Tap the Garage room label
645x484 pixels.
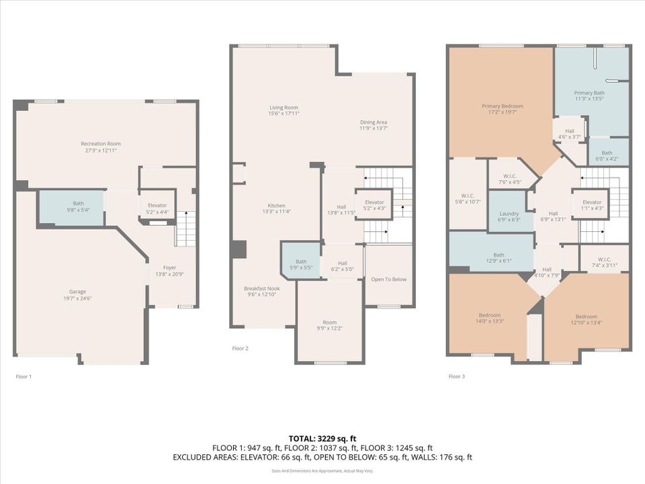tap(77, 294)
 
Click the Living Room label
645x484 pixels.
tap(284, 110)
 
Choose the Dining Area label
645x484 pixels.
tap(374, 124)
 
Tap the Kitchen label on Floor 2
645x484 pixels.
tap(276, 208)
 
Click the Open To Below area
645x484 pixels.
tap(388, 280)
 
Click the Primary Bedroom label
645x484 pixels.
tap(502, 109)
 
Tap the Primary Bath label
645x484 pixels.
tap(589, 95)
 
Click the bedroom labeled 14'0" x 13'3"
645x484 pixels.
tap(489, 318)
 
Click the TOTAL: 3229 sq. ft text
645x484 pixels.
tap(322, 437)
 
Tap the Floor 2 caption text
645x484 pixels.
tap(240, 348)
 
